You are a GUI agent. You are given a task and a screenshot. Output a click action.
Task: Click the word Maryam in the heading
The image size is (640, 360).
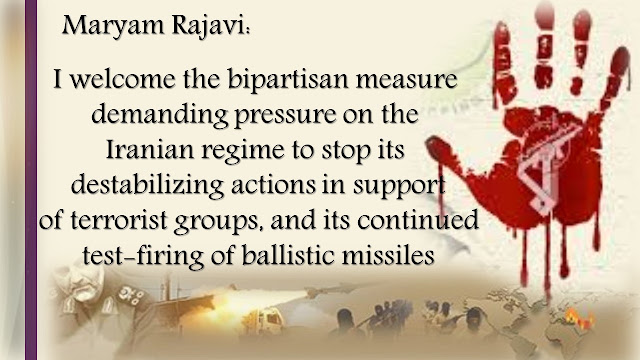pyautogui.click(x=113, y=26)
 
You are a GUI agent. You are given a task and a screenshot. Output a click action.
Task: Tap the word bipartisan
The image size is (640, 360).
pyautogui.click(x=288, y=79)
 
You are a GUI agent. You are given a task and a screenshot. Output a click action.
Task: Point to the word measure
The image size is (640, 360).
pyautogui.click(x=407, y=80)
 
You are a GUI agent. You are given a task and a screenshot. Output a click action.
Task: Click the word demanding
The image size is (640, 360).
pyautogui.click(x=160, y=115)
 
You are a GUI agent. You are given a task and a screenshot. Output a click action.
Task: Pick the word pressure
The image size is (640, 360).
pyautogui.click(x=284, y=116)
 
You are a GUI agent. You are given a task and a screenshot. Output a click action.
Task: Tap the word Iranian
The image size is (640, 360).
pyautogui.click(x=149, y=150)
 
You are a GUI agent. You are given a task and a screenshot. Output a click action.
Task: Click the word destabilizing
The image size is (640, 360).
pyautogui.click(x=147, y=185)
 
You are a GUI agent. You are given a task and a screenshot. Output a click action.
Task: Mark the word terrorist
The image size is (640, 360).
pyautogui.click(x=119, y=220)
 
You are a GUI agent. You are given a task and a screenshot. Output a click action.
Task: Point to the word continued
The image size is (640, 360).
pyautogui.click(x=418, y=220)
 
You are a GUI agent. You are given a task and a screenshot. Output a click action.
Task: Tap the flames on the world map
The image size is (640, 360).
pyautogui.click(x=578, y=317)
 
